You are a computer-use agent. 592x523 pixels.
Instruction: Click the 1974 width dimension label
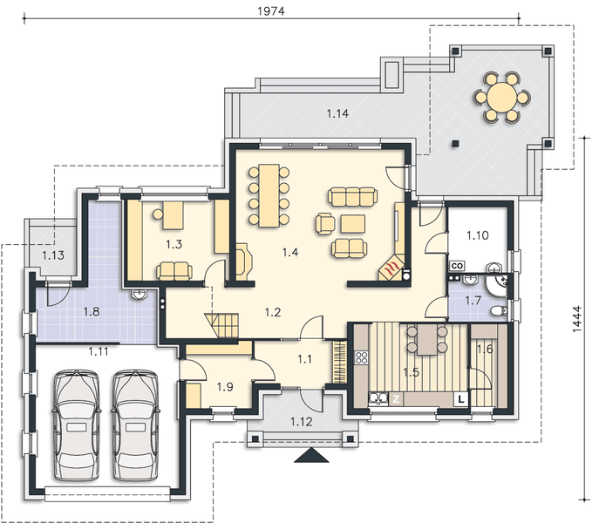tap(271, 11)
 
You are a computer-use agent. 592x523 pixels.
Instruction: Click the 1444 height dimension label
tap(577, 319)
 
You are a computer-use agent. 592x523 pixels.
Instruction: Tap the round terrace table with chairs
tap(501, 97)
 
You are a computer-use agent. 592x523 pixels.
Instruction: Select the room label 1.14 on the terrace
tap(337, 113)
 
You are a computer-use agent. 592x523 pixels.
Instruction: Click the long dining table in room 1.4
tap(269, 195)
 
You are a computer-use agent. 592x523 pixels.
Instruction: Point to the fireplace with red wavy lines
tap(391, 267)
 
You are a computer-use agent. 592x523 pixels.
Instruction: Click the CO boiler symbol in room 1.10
tap(457, 266)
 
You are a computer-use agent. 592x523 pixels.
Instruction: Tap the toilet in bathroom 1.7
tap(500, 311)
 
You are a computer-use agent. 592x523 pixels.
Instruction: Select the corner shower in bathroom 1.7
tap(497, 285)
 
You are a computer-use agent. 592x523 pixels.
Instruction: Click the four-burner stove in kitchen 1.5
tap(361, 357)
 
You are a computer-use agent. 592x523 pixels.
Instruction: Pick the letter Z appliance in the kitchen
tap(396, 399)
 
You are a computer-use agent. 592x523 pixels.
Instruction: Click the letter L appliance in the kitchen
tap(461, 398)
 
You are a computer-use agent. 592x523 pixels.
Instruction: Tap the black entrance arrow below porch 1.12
tap(311, 455)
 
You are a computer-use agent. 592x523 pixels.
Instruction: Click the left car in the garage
tap(77, 425)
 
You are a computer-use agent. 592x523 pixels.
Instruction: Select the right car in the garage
tap(135, 425)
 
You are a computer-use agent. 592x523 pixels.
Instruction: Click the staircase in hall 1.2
tap(222, 325)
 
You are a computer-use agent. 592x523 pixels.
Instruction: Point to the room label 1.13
tap(53, 255)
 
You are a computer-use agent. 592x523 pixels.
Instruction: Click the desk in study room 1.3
tap(173, 215)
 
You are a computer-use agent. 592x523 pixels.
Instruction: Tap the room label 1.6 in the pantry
tap(485, 350)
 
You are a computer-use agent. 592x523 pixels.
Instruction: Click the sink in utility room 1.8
tap(140, 295)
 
